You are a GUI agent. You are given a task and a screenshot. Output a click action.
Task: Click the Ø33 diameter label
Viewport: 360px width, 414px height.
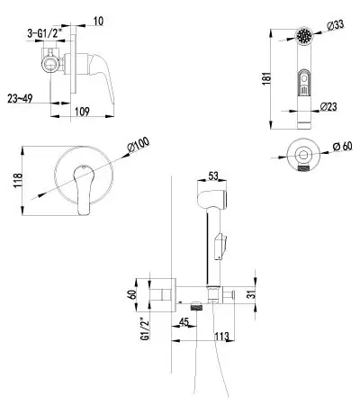coord(336,25)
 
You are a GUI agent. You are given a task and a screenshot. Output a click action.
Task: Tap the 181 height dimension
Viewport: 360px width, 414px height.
coord(266,78)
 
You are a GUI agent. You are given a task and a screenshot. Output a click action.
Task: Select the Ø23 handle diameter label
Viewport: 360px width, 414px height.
coord(328,107)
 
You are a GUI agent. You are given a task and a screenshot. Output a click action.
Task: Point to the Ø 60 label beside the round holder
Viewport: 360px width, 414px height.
coord(343,147)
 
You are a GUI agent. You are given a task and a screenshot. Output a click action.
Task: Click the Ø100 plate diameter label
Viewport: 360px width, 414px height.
coord(139,146)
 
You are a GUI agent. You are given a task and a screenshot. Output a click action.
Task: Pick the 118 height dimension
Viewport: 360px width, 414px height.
coord(17,180)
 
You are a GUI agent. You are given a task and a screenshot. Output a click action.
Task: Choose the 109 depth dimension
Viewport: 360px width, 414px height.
coord(82,112)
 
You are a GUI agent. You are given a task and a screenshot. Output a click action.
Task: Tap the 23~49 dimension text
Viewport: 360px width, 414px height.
coord(20,99)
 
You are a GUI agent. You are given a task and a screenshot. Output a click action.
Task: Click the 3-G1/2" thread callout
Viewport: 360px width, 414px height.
coord(46,33)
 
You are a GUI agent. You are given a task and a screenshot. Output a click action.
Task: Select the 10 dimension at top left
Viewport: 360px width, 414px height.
coord(98,22)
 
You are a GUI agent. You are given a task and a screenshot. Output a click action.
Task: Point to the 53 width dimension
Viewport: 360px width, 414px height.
coord(213,176)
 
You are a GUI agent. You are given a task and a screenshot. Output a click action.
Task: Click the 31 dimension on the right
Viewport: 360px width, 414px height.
coord(253,292)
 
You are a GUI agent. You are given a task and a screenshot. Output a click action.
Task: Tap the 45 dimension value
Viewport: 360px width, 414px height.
coord(184,322)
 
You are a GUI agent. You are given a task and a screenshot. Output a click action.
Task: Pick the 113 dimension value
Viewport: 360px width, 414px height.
coord(221,337)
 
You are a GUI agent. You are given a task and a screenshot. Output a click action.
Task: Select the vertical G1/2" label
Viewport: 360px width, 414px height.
coord(145,328)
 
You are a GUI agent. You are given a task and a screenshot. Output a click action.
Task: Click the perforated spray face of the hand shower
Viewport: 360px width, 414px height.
coord(305,36)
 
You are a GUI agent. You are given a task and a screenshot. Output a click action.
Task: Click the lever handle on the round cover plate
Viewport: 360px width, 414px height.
coord(83,189)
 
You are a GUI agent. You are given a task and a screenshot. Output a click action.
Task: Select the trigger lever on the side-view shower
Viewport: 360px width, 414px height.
coord(220,247)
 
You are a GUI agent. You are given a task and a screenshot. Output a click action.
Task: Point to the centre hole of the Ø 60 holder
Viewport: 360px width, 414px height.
coord(303,155)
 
